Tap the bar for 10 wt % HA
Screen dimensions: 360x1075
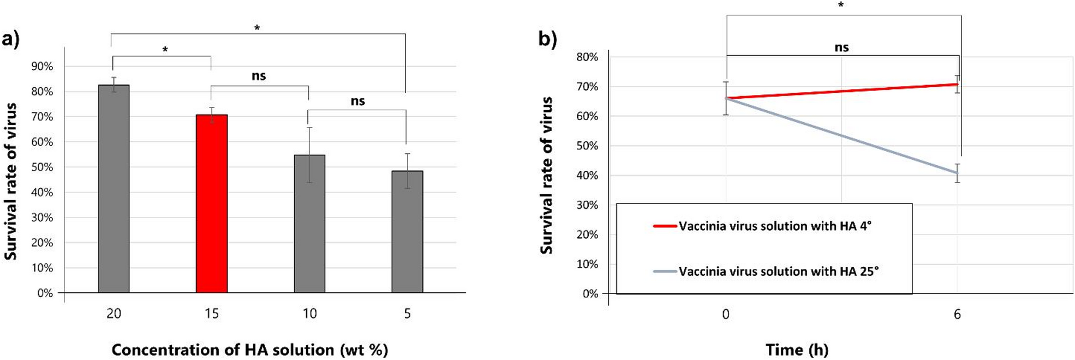tap(309, 224)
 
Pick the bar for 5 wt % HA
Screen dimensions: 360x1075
tap(407, 232)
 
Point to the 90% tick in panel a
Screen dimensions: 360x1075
tap(42, 67)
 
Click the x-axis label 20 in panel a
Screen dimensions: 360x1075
tap(114, 314)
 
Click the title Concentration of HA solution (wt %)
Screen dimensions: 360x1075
tap(250, 350)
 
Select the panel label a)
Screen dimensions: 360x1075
tap(10, 39)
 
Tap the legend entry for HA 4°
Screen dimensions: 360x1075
tap(774, 226)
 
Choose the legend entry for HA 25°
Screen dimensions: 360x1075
tap(778, 271)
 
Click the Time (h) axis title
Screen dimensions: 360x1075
tap(797, 350)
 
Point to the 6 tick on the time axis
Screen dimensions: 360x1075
tap(957, 314)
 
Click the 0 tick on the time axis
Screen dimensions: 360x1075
tap(726, 314)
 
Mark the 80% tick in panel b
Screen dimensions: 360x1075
tap(587, 57)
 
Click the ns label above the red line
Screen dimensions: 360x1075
tap(841, 47)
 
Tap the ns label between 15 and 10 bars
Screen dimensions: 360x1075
tap(259, 76)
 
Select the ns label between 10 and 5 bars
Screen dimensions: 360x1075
tap(357, 101)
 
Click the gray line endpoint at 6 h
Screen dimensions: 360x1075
tap(957, 173)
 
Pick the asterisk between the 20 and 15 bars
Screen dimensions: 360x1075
tap(165, 50)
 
